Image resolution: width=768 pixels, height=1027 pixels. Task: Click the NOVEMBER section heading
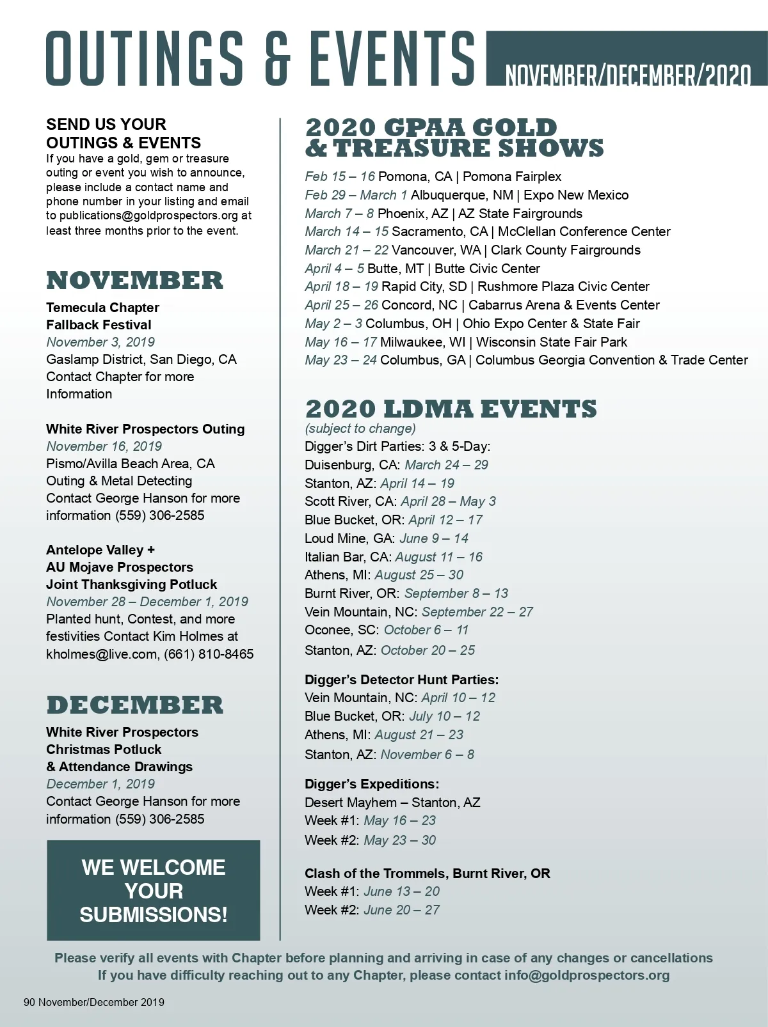(x=134, y=281)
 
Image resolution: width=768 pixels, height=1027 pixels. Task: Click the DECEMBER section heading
(x=134, y=705)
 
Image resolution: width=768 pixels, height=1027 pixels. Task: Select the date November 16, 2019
(x=104, y=446)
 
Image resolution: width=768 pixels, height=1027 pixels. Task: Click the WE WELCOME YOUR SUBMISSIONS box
(x=154, y=891)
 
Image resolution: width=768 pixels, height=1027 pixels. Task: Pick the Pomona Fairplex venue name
(x=512, y=176)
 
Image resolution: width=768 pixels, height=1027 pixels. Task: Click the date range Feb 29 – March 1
(x=356, y=195)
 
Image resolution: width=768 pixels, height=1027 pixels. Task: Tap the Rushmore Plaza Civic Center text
(x=563, y=286)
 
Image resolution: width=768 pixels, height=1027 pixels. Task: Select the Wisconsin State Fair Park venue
(x=552, y=342)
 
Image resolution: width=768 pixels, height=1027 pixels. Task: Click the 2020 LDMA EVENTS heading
(x=451, y=409)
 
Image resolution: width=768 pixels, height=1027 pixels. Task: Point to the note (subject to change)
(x=360, y=428)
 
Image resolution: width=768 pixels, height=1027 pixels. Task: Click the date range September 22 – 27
(x=477, y=612)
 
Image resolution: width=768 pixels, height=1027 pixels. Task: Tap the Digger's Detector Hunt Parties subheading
(x=401, y=680)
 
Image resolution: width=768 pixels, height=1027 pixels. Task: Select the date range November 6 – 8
(x=428, y=755)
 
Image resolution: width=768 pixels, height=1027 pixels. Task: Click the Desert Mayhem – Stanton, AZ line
(x=392, y=803)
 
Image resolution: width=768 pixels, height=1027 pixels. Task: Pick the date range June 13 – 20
(x=402, y=891)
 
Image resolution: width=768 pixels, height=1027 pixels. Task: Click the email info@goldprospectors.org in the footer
(x=587, y=975)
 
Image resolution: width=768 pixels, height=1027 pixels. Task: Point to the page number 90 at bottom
(x=29, y=1002)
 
